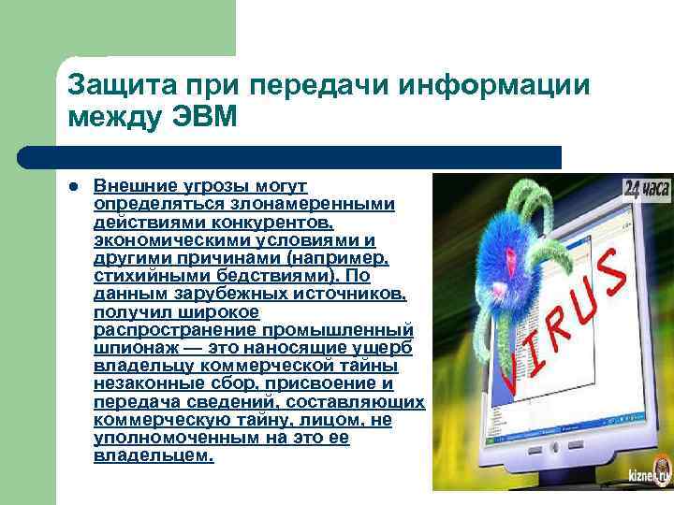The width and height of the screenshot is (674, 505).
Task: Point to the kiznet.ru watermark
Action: click(649, 474)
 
